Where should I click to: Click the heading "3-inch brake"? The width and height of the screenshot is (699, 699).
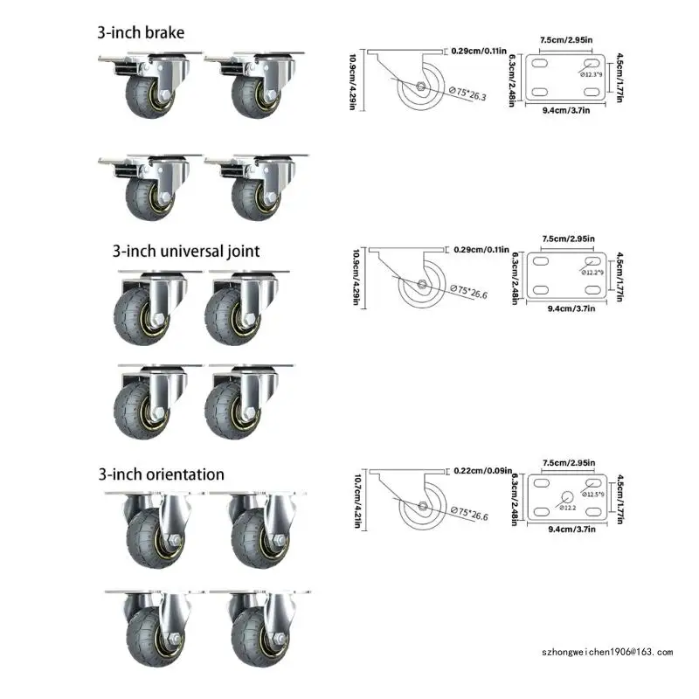141,32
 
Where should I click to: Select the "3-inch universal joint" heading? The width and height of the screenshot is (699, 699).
185,252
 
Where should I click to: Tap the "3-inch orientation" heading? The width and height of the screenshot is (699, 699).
161,474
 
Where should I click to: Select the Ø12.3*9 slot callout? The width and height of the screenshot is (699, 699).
592,75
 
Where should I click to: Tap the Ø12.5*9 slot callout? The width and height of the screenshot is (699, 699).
592,495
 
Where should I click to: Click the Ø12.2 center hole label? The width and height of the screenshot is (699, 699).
569,507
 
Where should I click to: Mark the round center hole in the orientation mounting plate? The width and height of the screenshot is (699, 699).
562,498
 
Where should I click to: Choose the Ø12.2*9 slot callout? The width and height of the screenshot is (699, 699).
592,273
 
